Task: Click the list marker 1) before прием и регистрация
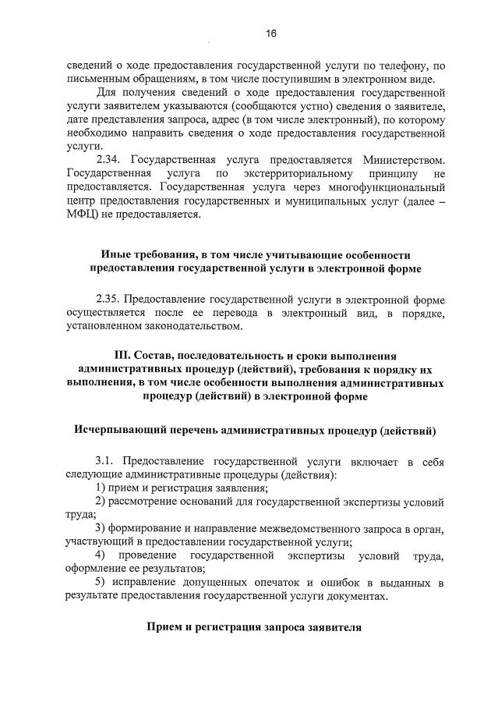(x=101, y=488)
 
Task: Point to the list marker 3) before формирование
(x=101, y=529)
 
